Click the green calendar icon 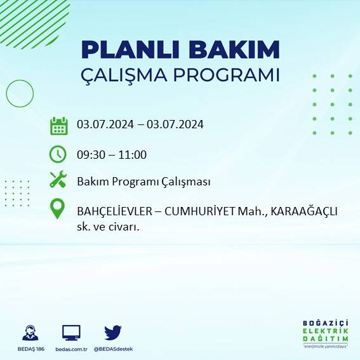[x=58, y=126]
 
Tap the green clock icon [x=58, y=154]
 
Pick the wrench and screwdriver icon [x=58, y=180]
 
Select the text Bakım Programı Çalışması [x=143, y=182]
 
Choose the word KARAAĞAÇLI [x=303, y=211]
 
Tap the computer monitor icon [x=71, y=333]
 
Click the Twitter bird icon [x=113, y=333]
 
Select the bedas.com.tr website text [x=71, y=349]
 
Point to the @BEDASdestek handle [x=113, y=349]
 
